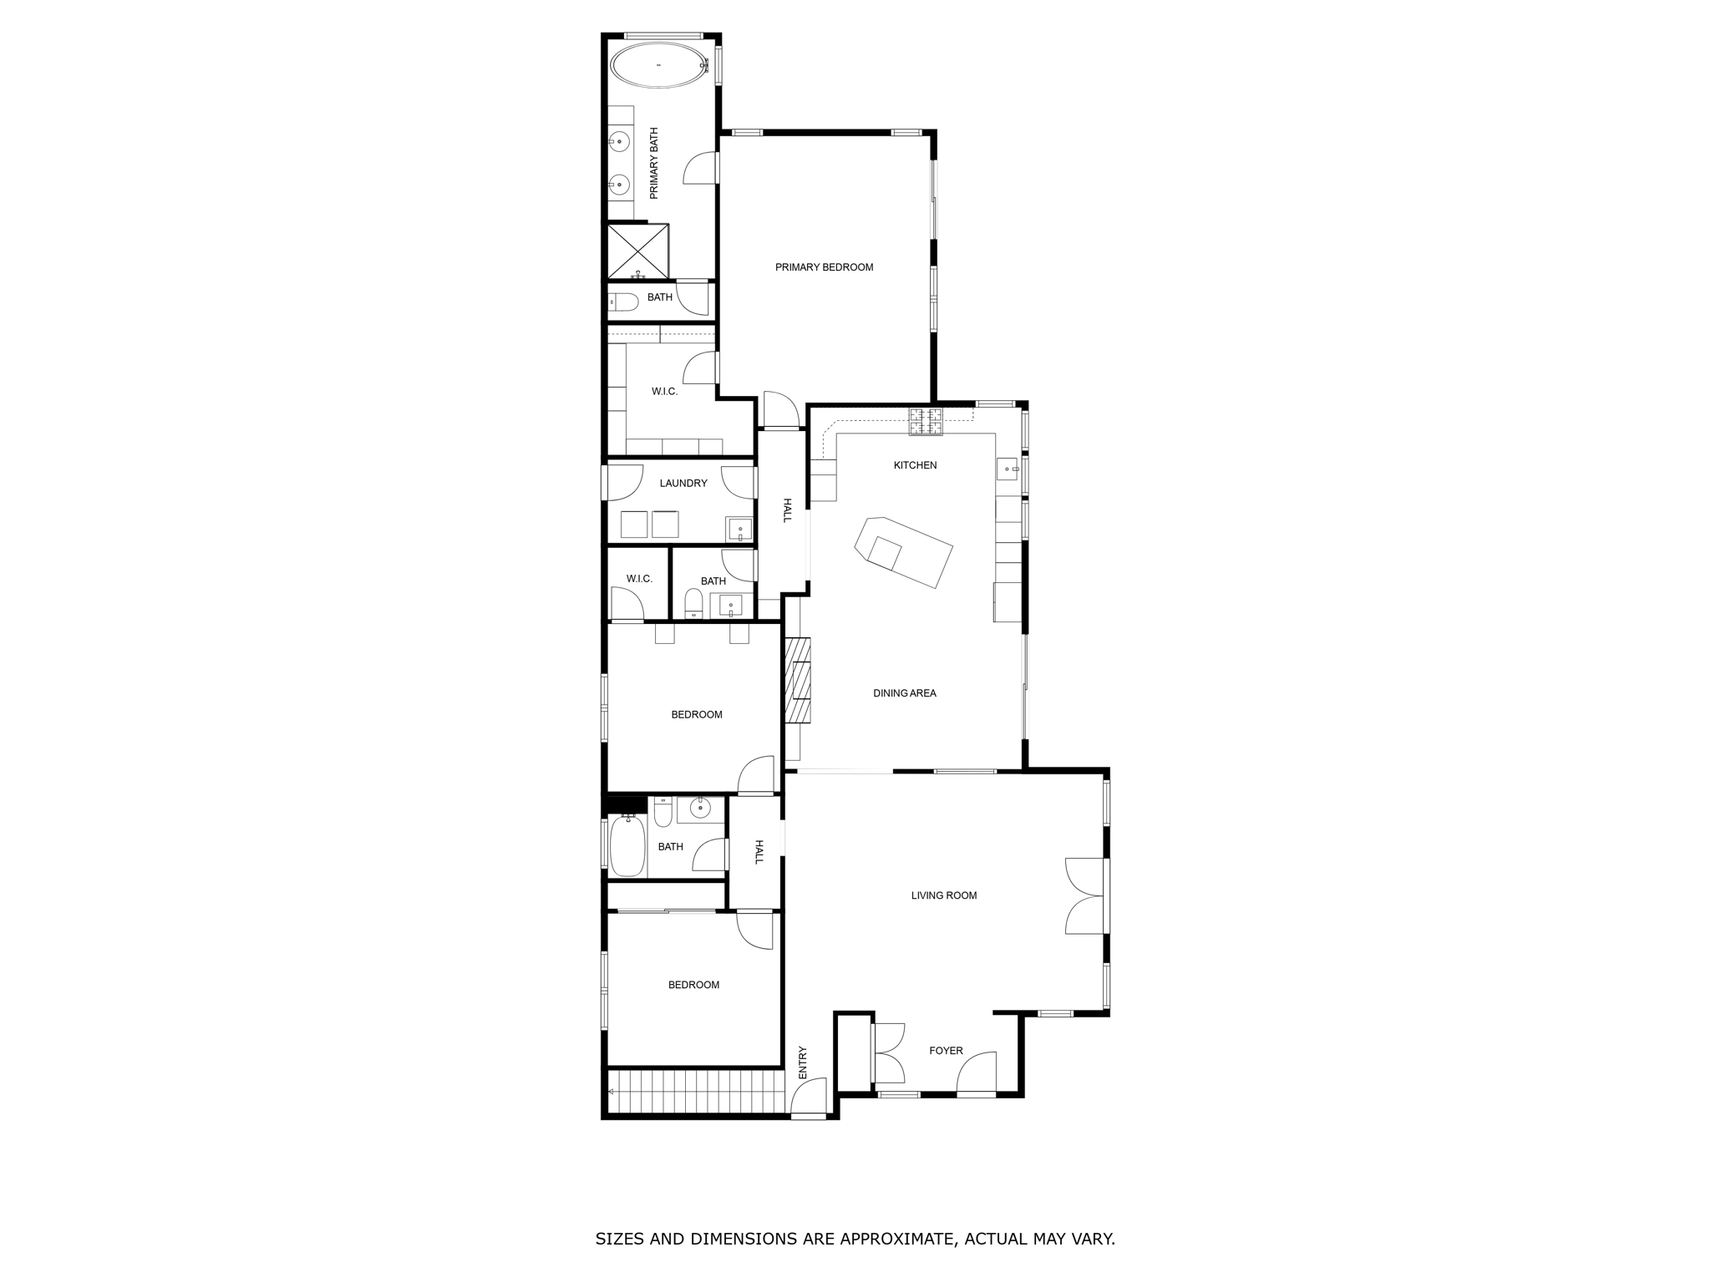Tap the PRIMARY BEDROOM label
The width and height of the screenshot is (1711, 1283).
point(824,267)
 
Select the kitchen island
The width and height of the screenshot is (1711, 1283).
point(904,552)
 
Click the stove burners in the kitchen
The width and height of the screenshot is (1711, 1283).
point(926,422)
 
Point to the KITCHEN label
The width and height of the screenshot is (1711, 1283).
point(915,465)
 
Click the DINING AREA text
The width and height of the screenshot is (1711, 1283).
point(904,693)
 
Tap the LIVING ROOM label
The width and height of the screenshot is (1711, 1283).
point(943,895)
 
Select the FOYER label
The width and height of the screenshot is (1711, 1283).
point(946,1051)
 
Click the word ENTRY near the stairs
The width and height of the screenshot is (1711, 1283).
point(803,1062)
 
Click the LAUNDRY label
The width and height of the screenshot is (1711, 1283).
point(683,483)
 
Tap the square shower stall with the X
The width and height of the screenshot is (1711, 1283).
point(637,251)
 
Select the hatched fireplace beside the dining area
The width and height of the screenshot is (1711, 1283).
point(798,679)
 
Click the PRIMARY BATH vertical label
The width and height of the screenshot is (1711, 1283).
point(654,163)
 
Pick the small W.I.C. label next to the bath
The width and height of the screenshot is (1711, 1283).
point(639,579)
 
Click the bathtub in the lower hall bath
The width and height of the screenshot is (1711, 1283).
point(627,846)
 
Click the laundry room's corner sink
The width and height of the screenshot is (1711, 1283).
point(739,530)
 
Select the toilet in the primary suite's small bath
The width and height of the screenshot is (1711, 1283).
point(624,302)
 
